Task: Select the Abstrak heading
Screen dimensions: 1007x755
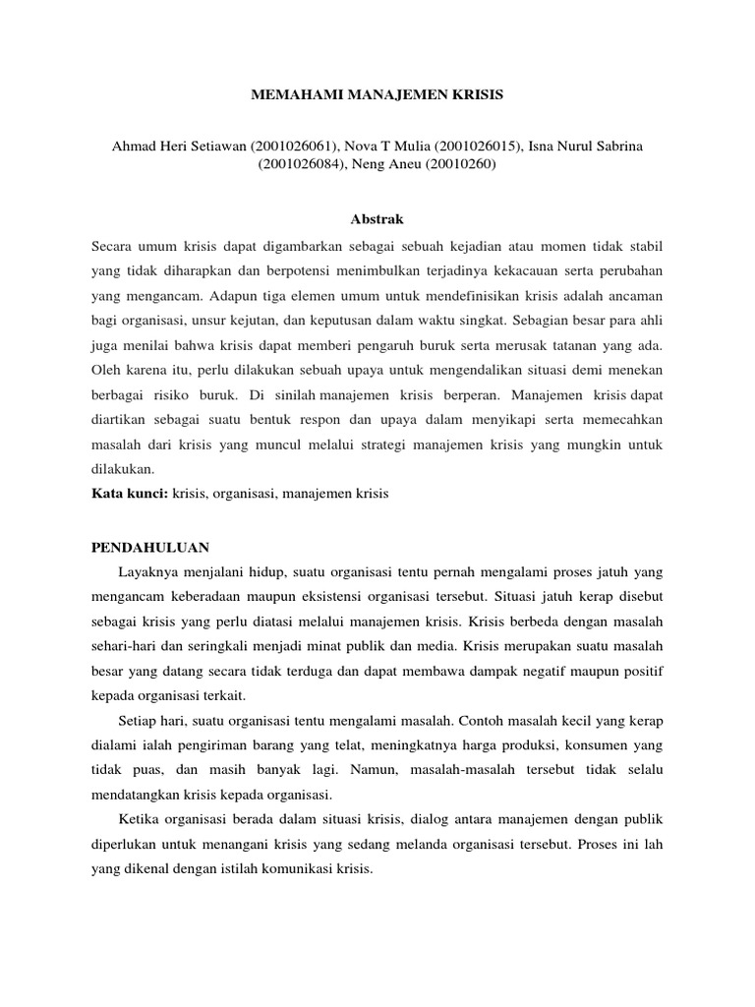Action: [377, 217]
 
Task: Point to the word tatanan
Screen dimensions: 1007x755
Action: [585, 344]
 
